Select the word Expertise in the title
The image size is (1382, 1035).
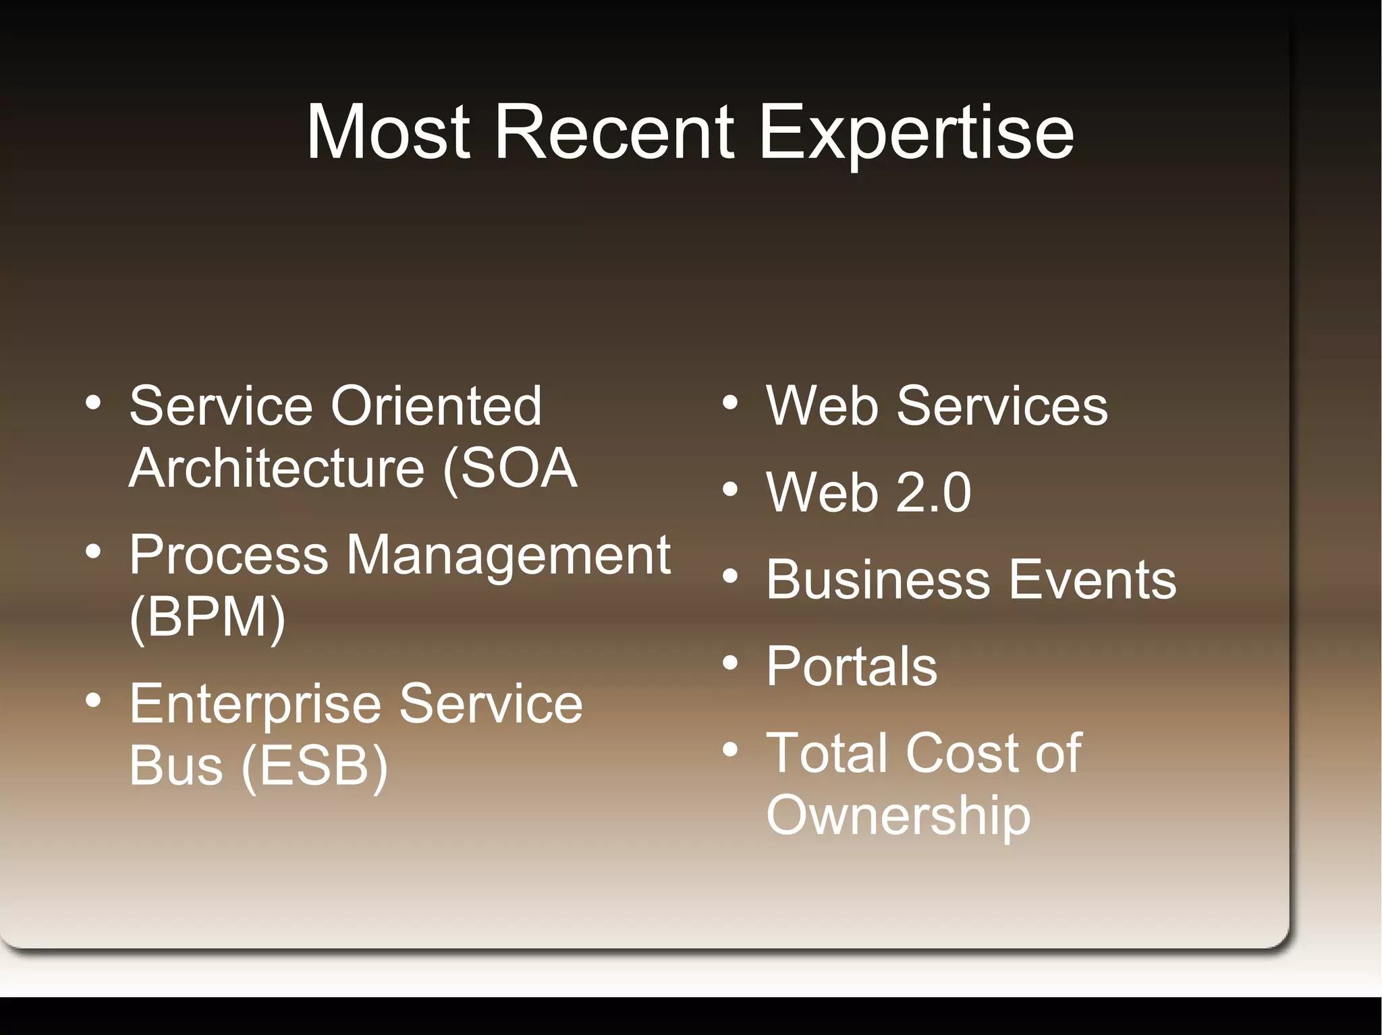click(x=916, y=135)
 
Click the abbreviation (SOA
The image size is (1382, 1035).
click(x=510, y=469)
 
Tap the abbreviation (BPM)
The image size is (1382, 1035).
click(x=208, y=617)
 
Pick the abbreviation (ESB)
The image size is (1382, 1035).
click(x=315, y=767)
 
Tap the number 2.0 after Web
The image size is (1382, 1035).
click(x=933, y=492)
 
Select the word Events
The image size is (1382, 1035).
click(x=1093, y=579)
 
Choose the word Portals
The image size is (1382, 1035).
click(x=852, y=666)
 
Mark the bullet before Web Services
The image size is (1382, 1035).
click(x=730, y=403)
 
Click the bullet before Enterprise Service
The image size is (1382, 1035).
click(x=93, y=701)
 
